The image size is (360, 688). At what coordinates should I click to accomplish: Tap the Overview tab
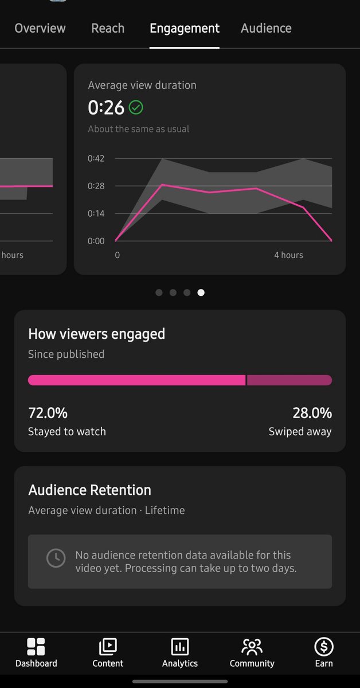click(x=40, y=28)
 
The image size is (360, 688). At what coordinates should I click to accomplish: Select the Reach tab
click(x=108, y=28)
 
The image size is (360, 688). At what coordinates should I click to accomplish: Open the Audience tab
click(x=266, y=28)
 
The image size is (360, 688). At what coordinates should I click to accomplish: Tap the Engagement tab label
click(x=185, y=29)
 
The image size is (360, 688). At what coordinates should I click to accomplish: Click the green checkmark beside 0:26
click(x=136, y=107)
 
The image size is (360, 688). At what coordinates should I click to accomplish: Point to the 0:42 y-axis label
click(x=96, y=158)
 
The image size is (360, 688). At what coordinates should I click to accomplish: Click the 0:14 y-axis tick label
click(x=96, y=213)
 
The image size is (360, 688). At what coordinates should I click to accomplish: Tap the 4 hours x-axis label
click(x=288, y=255)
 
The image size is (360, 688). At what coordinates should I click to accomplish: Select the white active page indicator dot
click(x=201, y=292)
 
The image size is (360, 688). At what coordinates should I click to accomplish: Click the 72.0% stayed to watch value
click(x=48, y=413)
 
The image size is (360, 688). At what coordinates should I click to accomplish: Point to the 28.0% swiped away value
click(x=312, y=413)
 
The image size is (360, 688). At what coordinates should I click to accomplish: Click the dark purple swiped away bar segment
click(x=289, y=380)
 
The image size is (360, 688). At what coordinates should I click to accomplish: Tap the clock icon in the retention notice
click(x=56, y=558)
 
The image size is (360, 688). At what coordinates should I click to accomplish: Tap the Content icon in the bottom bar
click(x=108, y=647)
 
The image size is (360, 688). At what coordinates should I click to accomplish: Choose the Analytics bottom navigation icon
click(x=180, y=647)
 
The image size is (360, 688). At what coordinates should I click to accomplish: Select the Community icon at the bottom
click(x=252, y=647)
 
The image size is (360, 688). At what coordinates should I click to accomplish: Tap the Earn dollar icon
click(x=324, y=647)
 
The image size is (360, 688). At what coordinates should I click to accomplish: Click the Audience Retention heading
click(x=89, y=490)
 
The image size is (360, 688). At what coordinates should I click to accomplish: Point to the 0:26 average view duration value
click(x=106, y=108)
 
